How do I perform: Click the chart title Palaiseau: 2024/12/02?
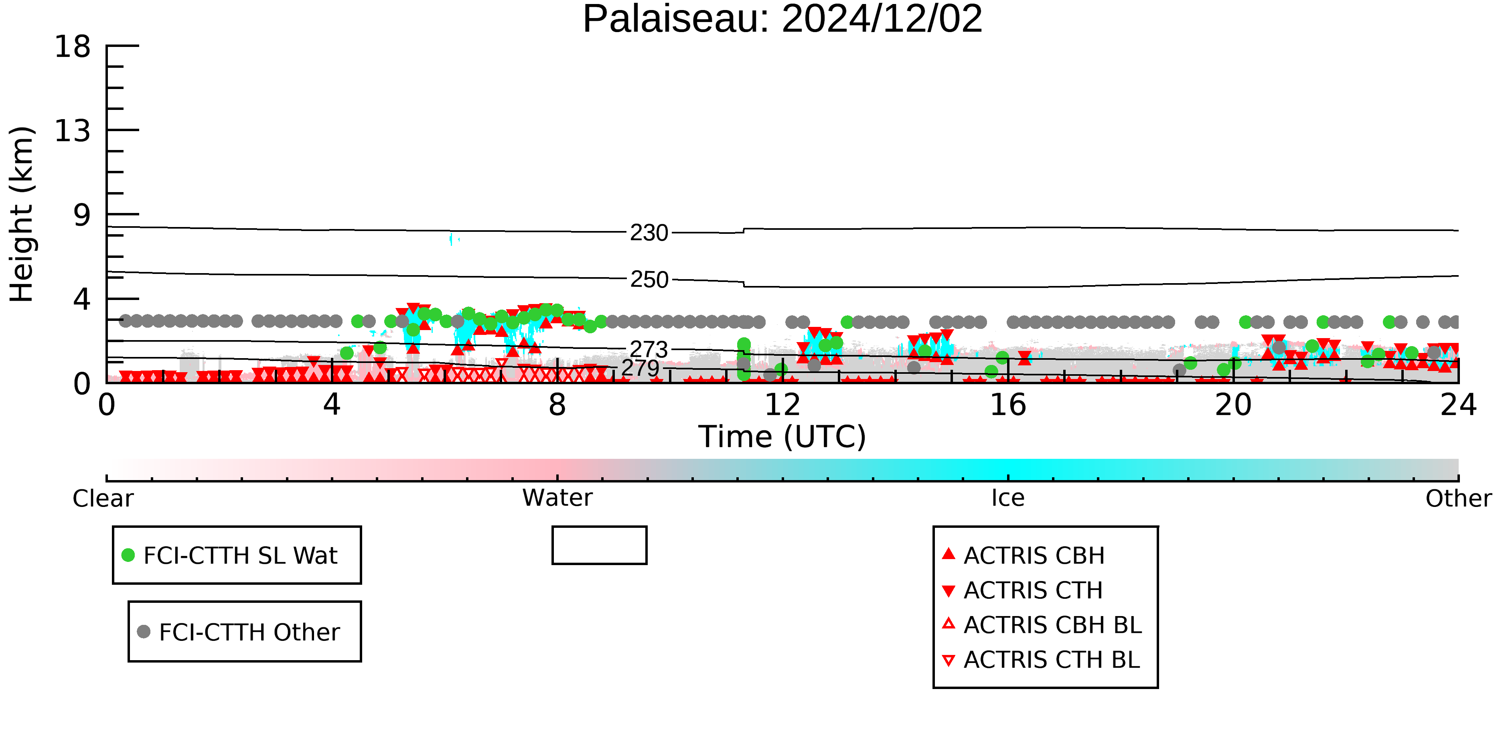click(782, 19)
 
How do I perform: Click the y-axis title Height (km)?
click(22, 214)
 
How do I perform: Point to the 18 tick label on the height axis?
click(73, 46)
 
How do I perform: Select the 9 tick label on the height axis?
click(82, 215)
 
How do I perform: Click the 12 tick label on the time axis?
click(782, 405)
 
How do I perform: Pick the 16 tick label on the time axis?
click(1008, 405)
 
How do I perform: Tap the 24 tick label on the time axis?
click(1458, 405)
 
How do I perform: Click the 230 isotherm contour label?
click(649, 233)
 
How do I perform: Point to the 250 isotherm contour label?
click(649, 280)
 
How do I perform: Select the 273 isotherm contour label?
click(649, 349)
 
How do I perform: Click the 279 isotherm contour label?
click(640, 368)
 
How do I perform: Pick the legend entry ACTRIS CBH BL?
click(1042, 625)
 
